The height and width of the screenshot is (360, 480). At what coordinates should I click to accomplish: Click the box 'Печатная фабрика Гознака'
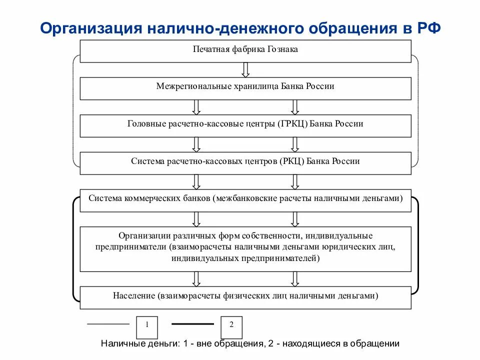coord(245,50)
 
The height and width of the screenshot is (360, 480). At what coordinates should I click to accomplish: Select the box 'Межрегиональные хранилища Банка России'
coord(245,87)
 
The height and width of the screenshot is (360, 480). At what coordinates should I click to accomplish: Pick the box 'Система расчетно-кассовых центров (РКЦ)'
coord(245,162)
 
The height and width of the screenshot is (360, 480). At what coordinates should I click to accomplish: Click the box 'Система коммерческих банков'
coord(245,199)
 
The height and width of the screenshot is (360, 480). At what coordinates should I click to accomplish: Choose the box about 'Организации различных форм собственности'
coord(245,248)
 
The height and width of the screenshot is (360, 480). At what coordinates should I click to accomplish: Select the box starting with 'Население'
coord(245,297)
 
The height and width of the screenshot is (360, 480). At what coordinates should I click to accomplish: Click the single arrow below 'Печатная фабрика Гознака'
coord(245,68)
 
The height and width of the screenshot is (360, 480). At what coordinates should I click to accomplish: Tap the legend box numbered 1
coord(147,326)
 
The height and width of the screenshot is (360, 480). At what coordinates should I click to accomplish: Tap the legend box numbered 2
coord(231,326)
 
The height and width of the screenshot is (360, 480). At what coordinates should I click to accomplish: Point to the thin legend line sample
coord(107,324)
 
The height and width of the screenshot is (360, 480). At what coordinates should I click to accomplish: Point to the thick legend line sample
coord(192,324)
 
